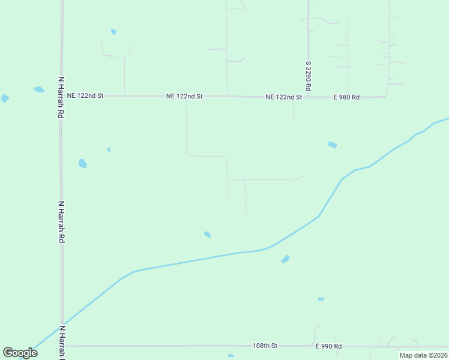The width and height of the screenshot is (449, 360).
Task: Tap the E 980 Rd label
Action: point(346,97)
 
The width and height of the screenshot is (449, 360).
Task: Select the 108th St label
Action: point(265,346)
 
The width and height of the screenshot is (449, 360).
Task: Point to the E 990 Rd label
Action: point(328,346)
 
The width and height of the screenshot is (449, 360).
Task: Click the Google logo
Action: point(20,352)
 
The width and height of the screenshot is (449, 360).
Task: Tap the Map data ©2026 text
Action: point(423,355)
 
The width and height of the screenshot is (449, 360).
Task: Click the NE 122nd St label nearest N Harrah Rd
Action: point(85,95)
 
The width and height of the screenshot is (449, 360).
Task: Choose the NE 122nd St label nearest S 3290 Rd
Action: point(284,97)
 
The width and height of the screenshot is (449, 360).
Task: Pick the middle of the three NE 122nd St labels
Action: point(185,96)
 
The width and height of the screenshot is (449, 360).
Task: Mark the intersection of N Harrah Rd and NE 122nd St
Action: point(61,95)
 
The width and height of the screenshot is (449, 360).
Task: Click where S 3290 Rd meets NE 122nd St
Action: point(309,96)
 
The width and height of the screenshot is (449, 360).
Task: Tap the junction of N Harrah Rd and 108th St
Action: point(62,346)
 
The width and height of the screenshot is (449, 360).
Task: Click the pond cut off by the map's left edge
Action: point(4,98)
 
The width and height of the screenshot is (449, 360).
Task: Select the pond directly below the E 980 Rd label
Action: point(333,145)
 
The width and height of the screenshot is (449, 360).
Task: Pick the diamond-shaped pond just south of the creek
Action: point(285,259)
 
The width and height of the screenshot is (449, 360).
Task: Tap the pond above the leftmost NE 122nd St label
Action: point(113,32)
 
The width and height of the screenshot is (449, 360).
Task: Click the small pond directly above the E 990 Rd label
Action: point(321,299)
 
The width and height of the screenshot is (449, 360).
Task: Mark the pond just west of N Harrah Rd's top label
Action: point(39,90)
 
